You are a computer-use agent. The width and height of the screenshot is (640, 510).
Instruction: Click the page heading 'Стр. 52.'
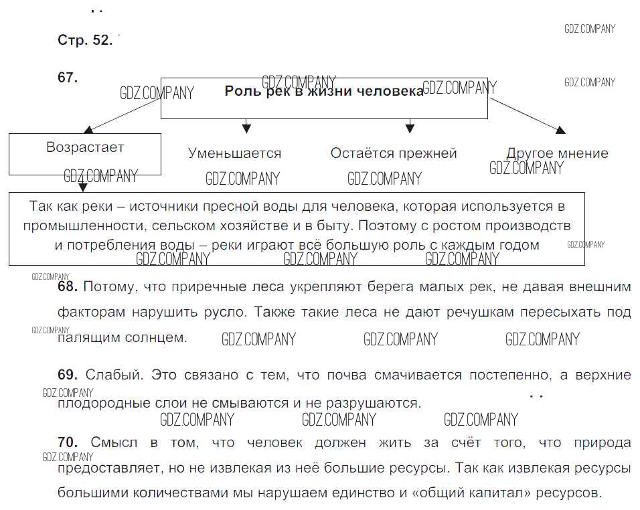(85, 40)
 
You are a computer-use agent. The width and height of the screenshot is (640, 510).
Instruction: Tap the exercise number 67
(68, 78)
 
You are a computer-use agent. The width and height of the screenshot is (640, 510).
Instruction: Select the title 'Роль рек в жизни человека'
(324, 91)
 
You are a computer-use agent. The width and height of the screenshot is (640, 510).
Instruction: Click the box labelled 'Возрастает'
(85, 154)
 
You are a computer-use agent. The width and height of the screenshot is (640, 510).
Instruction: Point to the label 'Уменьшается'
(235, 153)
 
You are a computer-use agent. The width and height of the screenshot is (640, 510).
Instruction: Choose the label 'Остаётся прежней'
(394, 153)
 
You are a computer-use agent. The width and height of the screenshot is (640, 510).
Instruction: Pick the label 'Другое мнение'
(557, 153)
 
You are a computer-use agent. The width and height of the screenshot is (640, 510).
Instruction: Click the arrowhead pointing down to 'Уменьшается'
(246, 129)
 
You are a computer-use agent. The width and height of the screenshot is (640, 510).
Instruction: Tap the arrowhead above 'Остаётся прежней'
(410, 129)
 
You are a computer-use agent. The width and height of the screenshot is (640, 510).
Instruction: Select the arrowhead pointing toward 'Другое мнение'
(561, 130)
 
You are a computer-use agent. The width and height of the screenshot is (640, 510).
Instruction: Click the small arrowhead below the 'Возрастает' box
(83, 187)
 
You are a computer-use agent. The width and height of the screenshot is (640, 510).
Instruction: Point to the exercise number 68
(68, 286)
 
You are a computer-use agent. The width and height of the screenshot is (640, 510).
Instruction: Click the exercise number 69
(68, 375)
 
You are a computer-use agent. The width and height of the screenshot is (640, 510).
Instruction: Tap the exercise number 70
(68, 442)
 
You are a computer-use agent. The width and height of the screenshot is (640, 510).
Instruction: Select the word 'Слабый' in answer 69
(114, 375)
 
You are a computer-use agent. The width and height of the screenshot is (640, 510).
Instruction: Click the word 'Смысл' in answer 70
(114, 442)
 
